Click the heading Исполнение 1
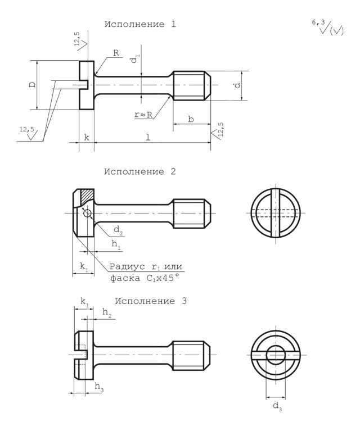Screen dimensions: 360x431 click(140, 24)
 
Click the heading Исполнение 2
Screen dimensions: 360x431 click(140, 172)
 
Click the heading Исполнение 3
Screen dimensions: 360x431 click(151, 301)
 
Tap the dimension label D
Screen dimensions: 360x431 click(33, 84)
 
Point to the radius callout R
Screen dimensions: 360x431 click(116, 53)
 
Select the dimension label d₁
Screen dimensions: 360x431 click(135, 58)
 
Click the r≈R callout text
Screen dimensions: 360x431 click(143, 115)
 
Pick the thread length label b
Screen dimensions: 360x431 click(191, 119)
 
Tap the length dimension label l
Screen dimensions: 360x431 click(148, 137)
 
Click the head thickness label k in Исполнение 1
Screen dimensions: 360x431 click(87, 138)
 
